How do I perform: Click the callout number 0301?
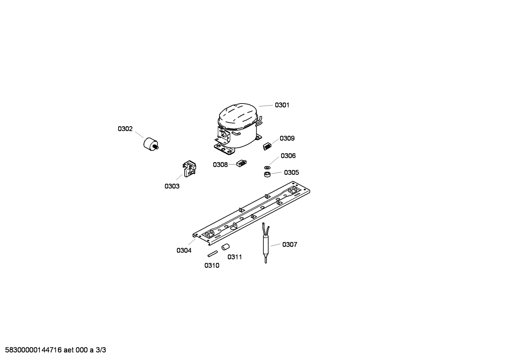pyautogui.click(x=282, y=105)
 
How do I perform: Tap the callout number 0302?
pyautogui.click(x=125, y=129)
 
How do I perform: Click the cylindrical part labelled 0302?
pyautogui.click(x=151, y=144)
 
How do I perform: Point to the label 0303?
pyautogui.click(x=172, y=186)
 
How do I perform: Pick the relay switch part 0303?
pyautogui.click(x=189, y=169)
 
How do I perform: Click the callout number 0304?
pyautogui.click(x=184, y=250)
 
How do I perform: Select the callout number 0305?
pyautogui.click(x=292, y=173)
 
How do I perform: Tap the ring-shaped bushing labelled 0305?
pyautogui.click(x=267, y=175)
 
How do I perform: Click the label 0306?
pyautogui.click(x=288, y=156)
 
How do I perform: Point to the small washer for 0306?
pyautogui.click(x=267, y=167)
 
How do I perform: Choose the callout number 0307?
pyautogui.click(x=290, y=245)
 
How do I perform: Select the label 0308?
pyautogui.click(x=220, y=165)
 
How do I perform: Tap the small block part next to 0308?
pyautogui.click(x=241, y=163)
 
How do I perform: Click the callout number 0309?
pyautogui.click(x=287, y=138)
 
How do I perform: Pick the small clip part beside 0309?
pyautogui.click(x=267, y=146)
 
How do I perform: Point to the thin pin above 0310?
pyautogui.click(x=213, y=254)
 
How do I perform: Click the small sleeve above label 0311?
pyautogui.click(x=226, y=247)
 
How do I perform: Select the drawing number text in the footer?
pyautogui.click(x=55, y=350)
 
